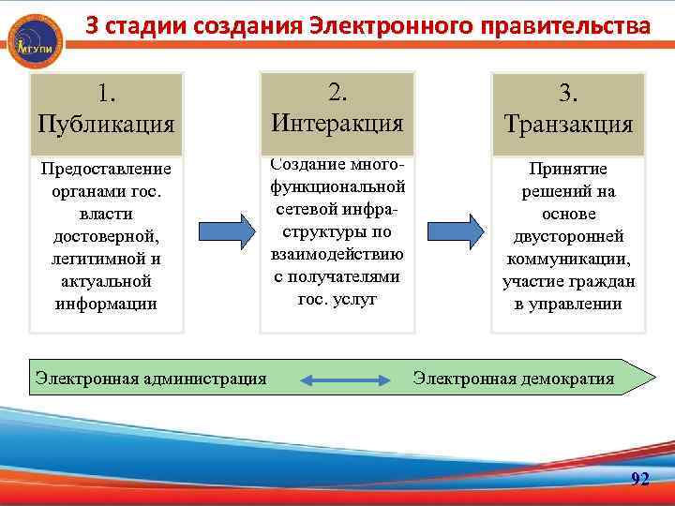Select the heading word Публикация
[x=106, y=124]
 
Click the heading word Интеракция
[x=337, y=122]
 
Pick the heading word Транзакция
[x=568, y=124]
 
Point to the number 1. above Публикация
[x=106, y=93]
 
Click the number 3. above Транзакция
[x=568, y=93]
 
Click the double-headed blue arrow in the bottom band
[x=346, y=379]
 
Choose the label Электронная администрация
[x=151, y=379]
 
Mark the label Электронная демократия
[x=514, y=379]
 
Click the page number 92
[x=640, y=480]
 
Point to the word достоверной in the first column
[x=107, y=236]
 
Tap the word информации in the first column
[x=107, y=304]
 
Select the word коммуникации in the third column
[x=569, y=260]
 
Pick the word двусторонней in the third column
[x=569, y=237]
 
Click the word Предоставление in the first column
[x=107, y=169]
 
